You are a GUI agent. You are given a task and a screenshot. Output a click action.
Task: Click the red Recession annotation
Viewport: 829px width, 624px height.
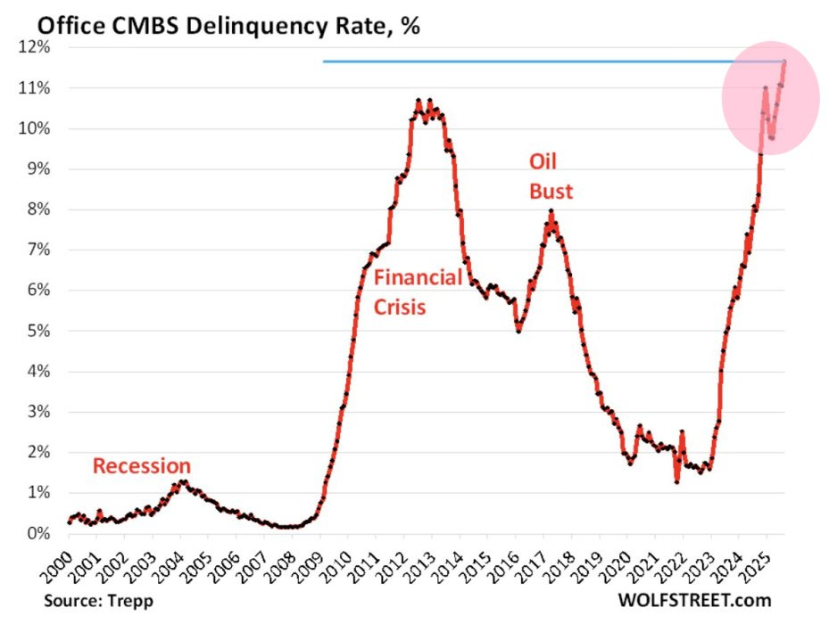(x=142, y=465)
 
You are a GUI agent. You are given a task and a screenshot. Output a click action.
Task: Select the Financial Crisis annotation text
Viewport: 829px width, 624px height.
(x=418, y=292)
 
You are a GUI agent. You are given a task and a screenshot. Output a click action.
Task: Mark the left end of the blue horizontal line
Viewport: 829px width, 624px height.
(x=324, y=62)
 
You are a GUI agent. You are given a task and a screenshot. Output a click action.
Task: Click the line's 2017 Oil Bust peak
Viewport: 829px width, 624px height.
(x=551, y=212)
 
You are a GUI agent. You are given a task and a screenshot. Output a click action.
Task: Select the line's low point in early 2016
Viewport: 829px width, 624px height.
(x=518, y=331)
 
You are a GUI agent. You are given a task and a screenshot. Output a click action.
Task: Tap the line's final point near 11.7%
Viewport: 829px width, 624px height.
(x=783, y=62)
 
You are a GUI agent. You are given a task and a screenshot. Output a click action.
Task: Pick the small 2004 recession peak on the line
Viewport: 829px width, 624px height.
(x=181, y=482)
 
